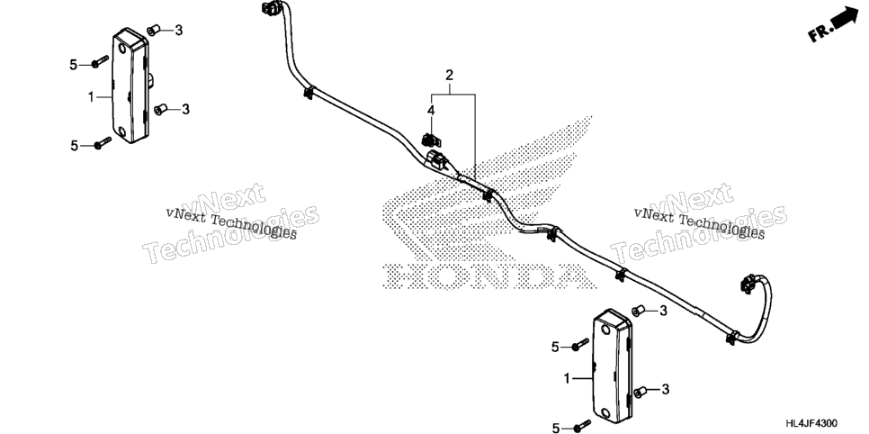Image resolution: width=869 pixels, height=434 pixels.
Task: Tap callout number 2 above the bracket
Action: pyautogui.click(x=450, y=75)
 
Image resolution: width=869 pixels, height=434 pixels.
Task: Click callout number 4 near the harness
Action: pyautogui.click(x=431, y=111)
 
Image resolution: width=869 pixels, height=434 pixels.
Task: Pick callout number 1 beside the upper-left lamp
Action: pyautogui.click(x=91, y=97)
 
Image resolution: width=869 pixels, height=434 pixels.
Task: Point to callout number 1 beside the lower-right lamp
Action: pyautogui.click(x=567, y=379)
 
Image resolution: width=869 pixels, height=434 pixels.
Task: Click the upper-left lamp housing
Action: pyautogui.click(x=130, y=86)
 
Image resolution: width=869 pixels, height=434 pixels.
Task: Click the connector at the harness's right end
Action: pyautogui.click(x=746, y=283)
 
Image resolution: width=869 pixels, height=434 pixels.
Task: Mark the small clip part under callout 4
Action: pyautogui.click(x=428, y=140)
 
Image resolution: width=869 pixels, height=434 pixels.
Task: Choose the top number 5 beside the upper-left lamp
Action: pyautogui.click(x=74, y=65)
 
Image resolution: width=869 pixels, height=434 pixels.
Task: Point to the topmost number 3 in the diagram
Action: pyautogui.click(x=178, y=31)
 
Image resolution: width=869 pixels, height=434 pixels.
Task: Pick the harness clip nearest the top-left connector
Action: pyautogui.click(x=309, y=93)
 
